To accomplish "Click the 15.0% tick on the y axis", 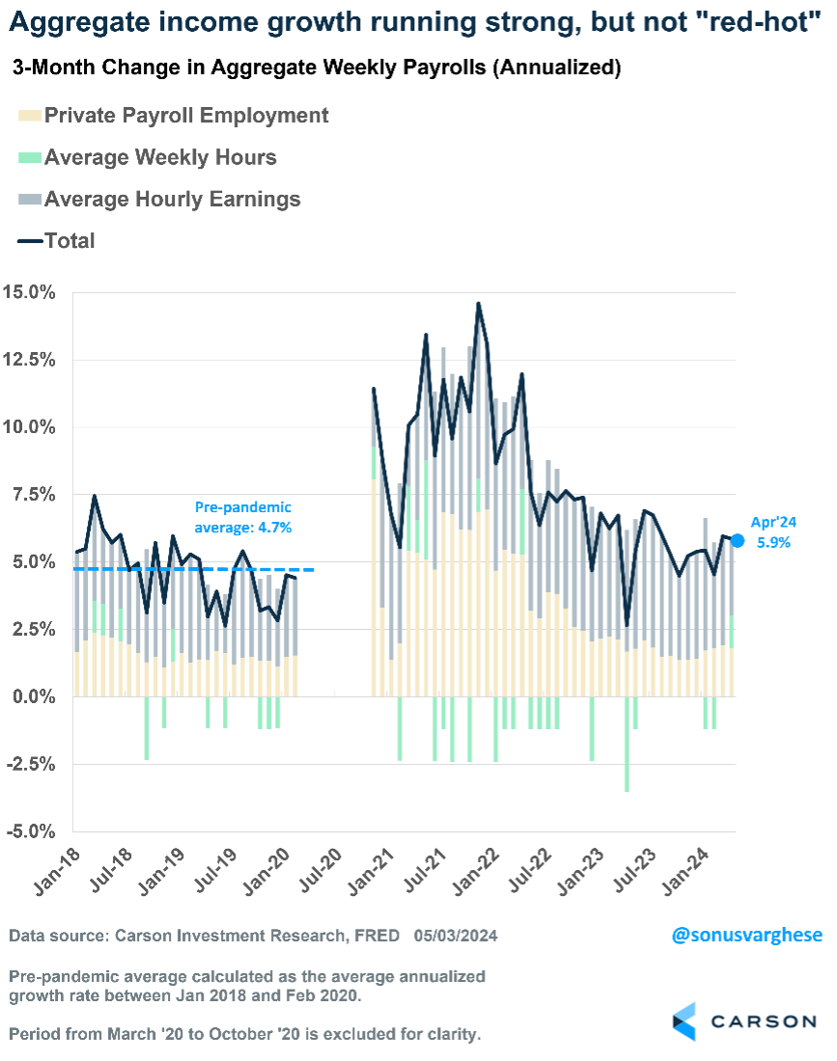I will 33,292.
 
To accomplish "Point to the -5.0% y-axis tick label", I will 33,831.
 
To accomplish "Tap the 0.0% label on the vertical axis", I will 36,696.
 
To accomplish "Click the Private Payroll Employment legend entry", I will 186,116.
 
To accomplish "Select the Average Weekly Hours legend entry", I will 160,158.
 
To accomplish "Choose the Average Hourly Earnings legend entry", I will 173,200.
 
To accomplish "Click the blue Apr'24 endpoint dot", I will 738,541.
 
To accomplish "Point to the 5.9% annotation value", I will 773,542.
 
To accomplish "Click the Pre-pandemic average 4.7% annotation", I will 242,517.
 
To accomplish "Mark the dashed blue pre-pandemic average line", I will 193,569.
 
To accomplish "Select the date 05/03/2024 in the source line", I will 457,936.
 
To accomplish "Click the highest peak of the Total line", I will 478,304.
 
